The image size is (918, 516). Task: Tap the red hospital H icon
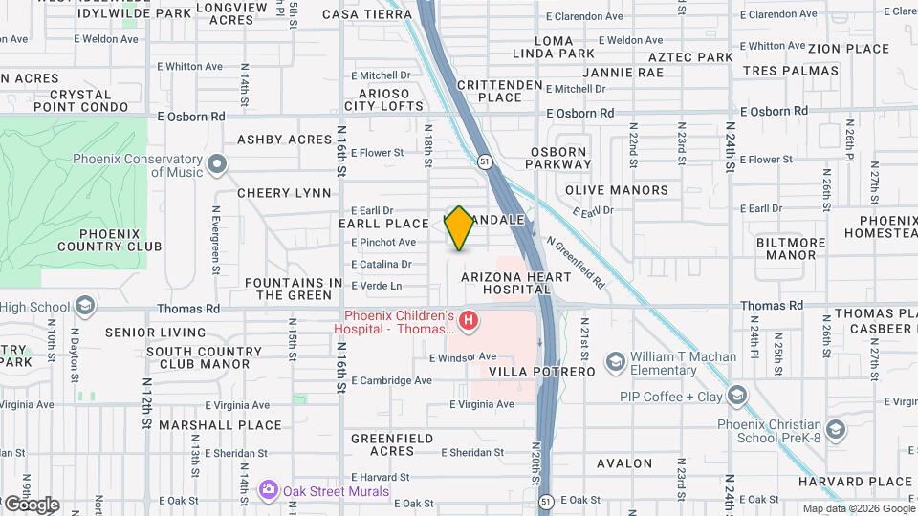tap(469, 321)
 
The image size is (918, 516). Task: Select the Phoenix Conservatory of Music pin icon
tap(217, 166)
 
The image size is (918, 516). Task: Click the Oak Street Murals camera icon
tap(269, 491)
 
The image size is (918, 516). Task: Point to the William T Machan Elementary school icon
tap(614, 363)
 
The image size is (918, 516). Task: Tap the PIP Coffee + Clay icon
tap(736, 396)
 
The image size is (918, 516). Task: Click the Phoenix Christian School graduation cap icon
tap(836, 430)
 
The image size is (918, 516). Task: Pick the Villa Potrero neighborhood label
tap(542, 371)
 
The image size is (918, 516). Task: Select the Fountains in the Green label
tap(294, 289)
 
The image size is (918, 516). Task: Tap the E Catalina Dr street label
tap(381, 264)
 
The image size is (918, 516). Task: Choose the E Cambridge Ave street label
tap(390, 379)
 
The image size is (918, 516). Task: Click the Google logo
tap(31, 505)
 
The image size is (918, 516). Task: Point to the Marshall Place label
tap(221, 425)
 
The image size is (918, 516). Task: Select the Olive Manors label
tap(617, 190)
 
